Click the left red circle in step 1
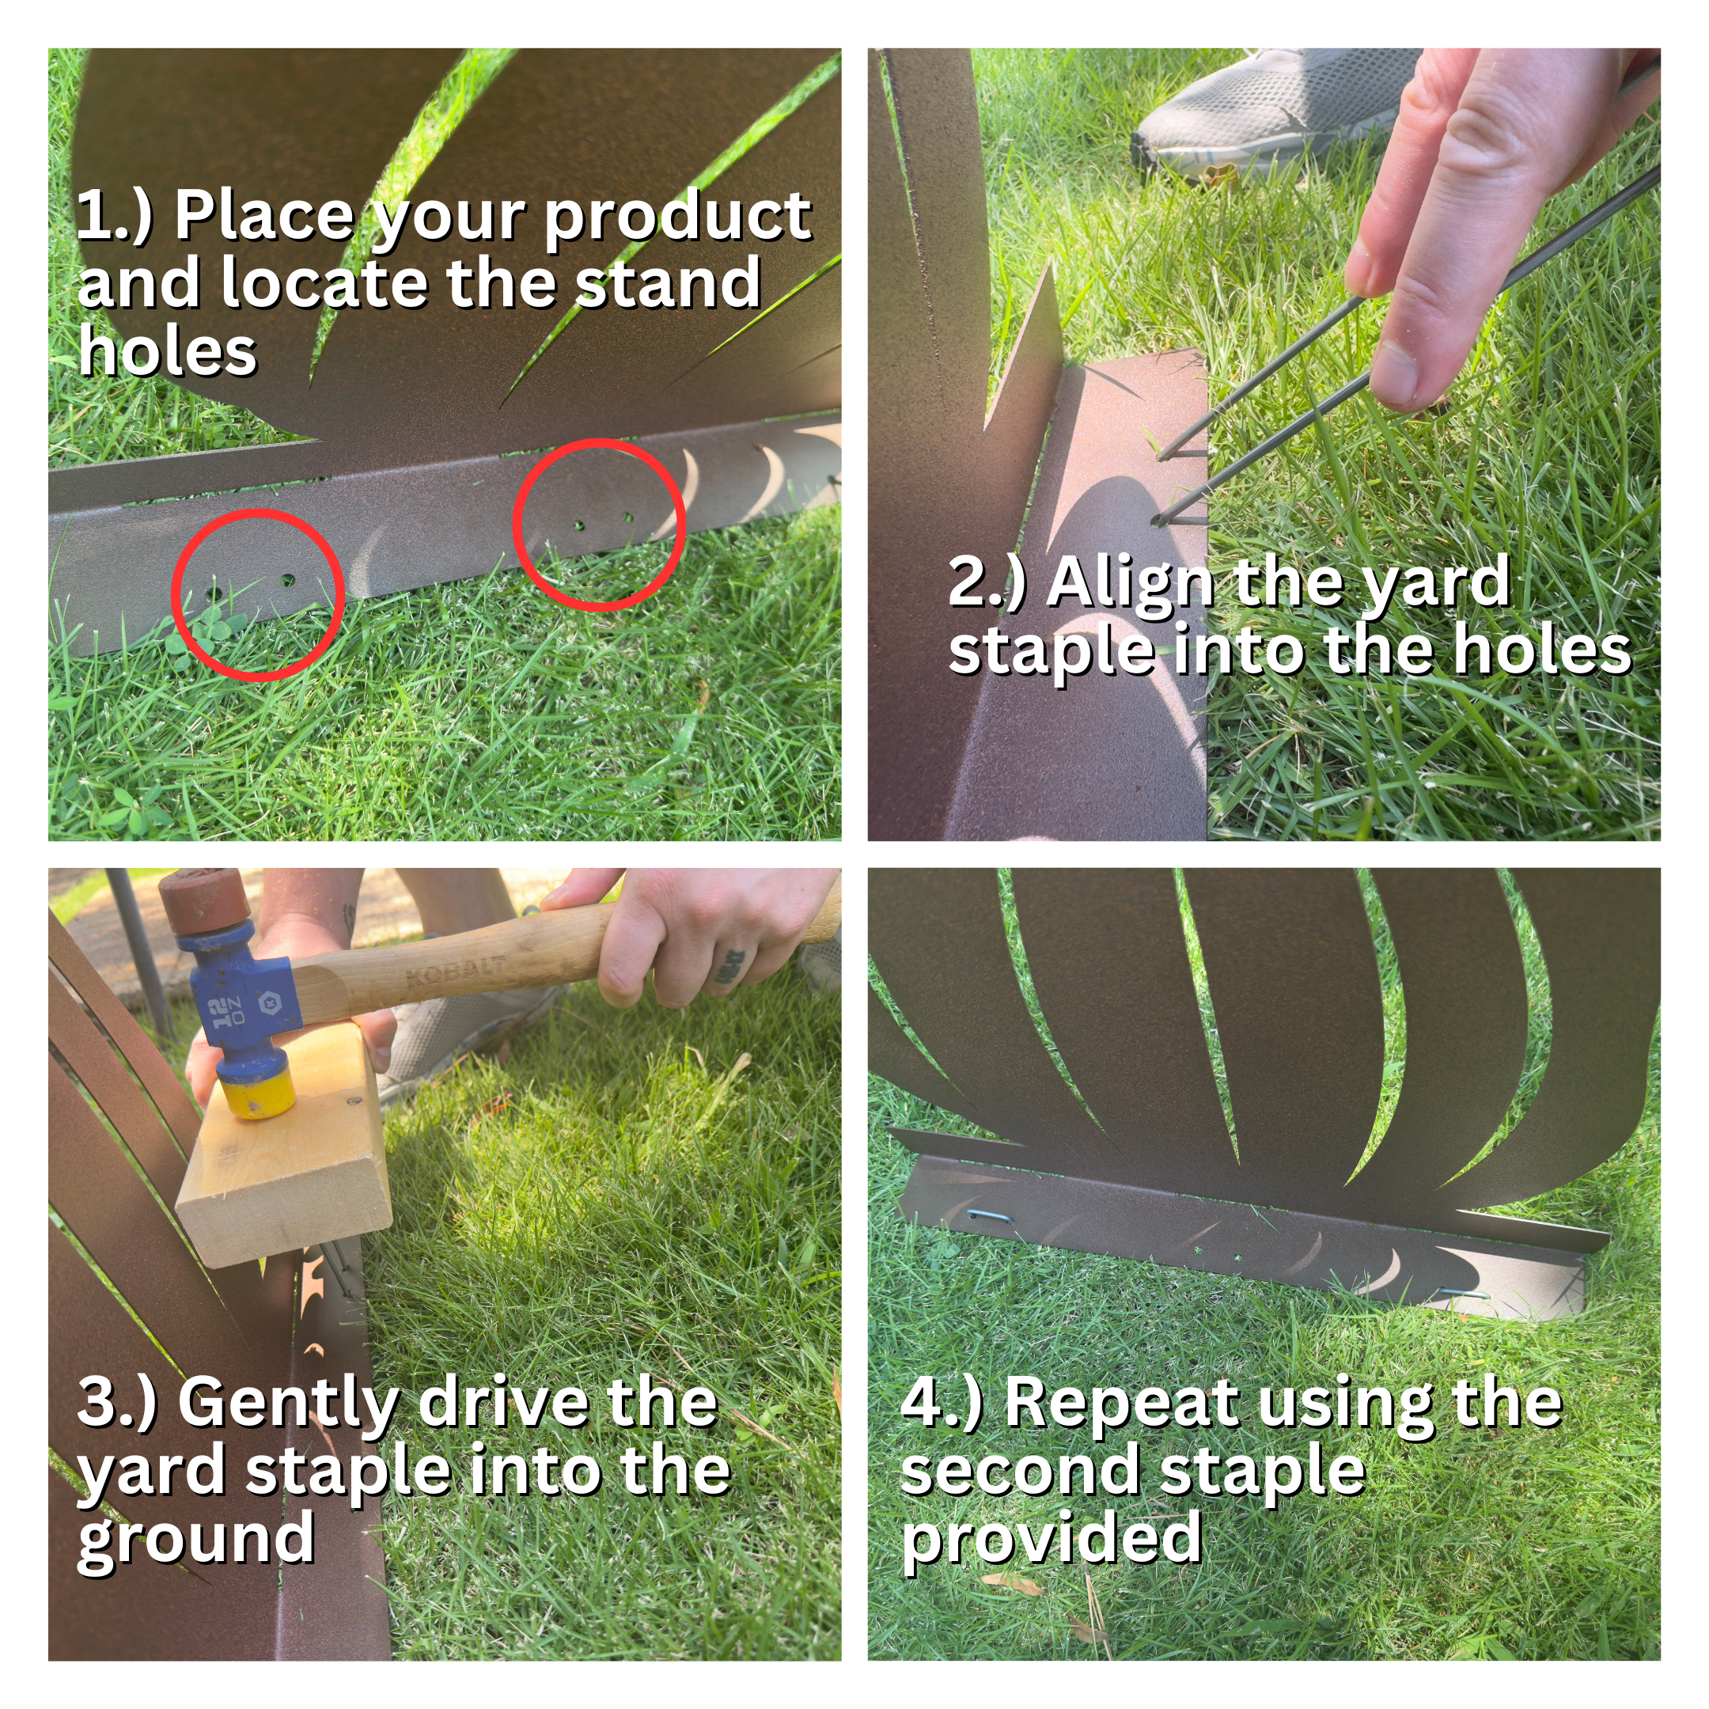258,511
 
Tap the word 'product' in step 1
676,217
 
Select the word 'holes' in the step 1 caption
167,351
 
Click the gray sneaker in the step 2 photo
1274,111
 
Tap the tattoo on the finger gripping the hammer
733,967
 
